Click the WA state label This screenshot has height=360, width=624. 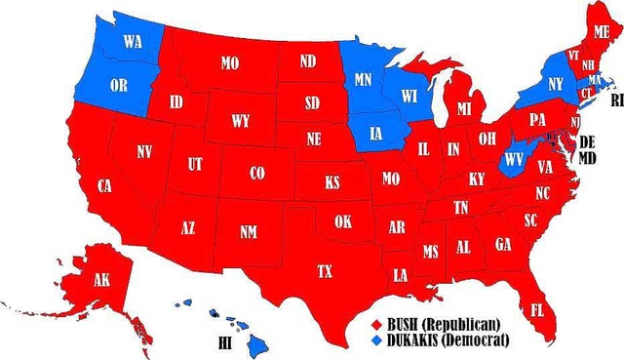pyautogui.click(x=132, y=43)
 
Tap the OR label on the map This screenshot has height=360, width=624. pyautogui.click(x=119, y=85)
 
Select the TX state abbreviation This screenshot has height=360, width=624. pyautogui.click(x=326, y=270)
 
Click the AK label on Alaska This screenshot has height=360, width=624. pyautogui.click(x=101, y=279)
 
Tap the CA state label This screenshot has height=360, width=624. pyautogui.click(x=102, y=185)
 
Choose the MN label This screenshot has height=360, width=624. pyautogui.click(x=364, y=75)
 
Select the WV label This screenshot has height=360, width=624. pyautogui.click(x=513, y=157)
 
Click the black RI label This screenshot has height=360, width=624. pyautogui.click(x=615, y=100)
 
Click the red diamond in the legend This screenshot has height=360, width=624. pyautogui.click(x=376, y=323)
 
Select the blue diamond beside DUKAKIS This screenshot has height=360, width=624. pyautogui.click(x=376, y=340)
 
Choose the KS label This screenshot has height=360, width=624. pyautogui.click(x=332, y=182)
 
